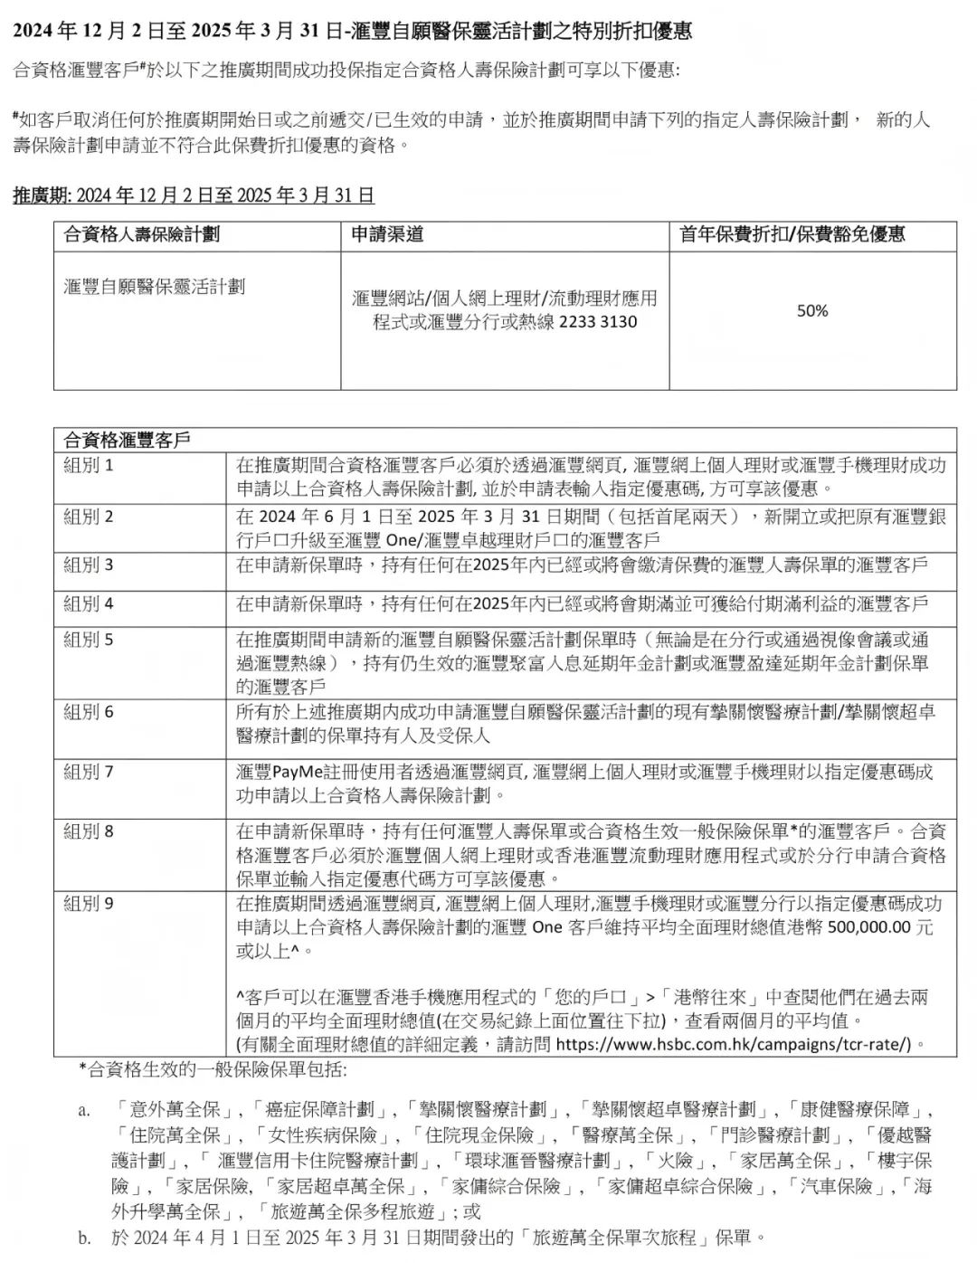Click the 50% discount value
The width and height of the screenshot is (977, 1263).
811,311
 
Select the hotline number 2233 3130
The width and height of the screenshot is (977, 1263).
598,322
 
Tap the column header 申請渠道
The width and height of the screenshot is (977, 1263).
387,235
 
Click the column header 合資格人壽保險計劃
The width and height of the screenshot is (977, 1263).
142,235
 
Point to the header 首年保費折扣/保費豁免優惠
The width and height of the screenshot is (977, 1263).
792,235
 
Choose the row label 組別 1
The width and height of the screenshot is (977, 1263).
89,466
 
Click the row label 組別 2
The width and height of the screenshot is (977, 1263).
89,517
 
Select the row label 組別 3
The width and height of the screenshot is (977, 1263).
89,565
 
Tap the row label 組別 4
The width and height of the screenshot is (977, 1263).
89,603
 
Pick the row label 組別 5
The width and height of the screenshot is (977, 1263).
89,640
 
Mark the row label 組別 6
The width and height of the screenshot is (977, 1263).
89,712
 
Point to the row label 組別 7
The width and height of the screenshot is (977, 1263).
89,772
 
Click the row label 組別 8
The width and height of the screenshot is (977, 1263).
89,831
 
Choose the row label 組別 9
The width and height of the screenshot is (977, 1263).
89,903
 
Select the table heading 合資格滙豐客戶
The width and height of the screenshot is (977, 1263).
127,441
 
